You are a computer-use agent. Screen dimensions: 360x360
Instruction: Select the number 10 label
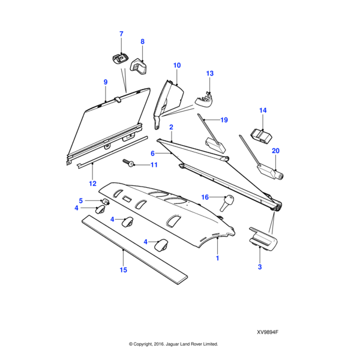pyautogui.click(x=177, y=65)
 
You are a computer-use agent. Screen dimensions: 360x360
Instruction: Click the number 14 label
pyautogui.click(x=262, y=110)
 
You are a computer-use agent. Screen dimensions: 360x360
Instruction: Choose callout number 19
pyautogui.click(x=224, y=120)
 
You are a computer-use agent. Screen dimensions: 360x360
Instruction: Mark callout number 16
pyautogui.click(x=205, y=197)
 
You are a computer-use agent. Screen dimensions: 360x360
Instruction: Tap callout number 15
pyautogui.click(x=123, y=270)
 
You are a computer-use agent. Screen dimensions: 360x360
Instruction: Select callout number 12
pyautogui.click(x=92, y=183)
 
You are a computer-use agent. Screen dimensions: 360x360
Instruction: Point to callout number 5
pyautogui.click(x=81, y=200)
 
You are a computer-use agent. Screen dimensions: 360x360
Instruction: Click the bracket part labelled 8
pyautogui.click(x=142, y=65)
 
